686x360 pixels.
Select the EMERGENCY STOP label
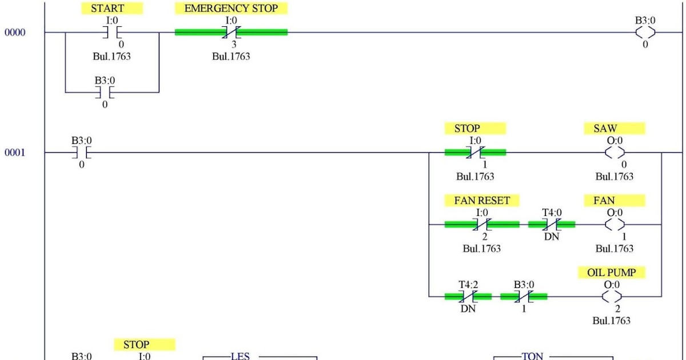click(x=231, y=9)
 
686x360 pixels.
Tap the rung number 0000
click(x=15, y=33)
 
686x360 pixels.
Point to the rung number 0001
click(x=15, y=153)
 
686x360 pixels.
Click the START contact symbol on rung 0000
click(x=112, y=33)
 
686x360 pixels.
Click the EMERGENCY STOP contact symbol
click(x=231, y=33)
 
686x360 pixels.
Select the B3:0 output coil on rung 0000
click(x=645, y=33)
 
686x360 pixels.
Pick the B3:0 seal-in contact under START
click(x=105, y=92)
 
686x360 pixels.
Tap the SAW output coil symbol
click(x=615, y=153)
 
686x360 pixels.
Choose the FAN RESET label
click(x=482, y=201)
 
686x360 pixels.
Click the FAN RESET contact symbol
click(x=482, y=225)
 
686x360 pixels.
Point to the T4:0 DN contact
click(x=552, y=225)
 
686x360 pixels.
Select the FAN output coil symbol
click(x=615, y=225)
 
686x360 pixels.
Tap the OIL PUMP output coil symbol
click(x=612, y=297)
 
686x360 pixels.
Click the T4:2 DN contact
click(x=467, y=297)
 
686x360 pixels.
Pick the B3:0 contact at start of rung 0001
click(x=81, y=153)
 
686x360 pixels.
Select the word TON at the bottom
click(x=532, y=356)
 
